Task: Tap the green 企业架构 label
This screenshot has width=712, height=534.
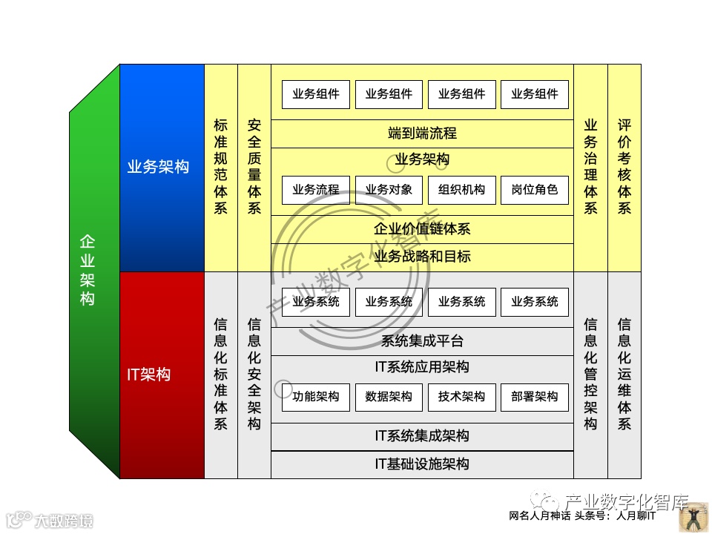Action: pyautogui.click(x=88, y=271)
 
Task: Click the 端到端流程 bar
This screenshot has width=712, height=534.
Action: pyautogui.click(x=422, y=133)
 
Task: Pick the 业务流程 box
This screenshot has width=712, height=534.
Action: pyautogui.click(x=316, y=190)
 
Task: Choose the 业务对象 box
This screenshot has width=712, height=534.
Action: pyautogui.click(x=389, y=190)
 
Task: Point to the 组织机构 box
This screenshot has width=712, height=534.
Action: pyautogui.click(x=461, y=190)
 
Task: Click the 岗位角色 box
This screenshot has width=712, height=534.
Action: pyautogui.click(x=534, y=190)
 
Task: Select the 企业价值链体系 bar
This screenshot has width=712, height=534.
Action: pyautogui.click(x=422, y=229)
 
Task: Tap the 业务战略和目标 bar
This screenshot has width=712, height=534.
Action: pyautogui.click(x=422, y=257)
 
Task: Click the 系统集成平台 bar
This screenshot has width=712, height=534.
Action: pyautogui.click(x=422, y=341)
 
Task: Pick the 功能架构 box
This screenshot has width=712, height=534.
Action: pyautogui.click(x=316, y=397)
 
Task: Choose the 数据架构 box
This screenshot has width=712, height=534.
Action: pyautogui.click(x=389, y=397)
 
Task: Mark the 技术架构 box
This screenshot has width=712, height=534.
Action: pyautogui.click(x=461, y=397)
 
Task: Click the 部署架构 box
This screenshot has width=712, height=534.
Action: pyautogui.click(x=534, y=397)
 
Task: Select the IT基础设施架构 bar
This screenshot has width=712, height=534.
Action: pyautogui.click(x=422, y=464)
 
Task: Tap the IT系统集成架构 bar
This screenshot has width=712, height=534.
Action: pyautogui.click(x=422, y=436)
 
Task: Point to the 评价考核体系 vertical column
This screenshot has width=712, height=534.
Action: pyautogui.click(x=624, y=168)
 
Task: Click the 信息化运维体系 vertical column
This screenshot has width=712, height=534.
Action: pyautogui.click(x=624, y=375)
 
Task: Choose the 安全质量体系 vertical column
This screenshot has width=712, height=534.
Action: pyautogui.click(x=254, y=168)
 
